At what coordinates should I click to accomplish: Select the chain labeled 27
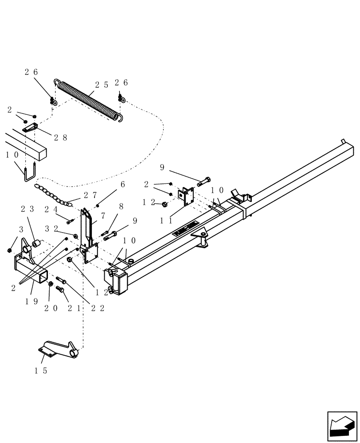coord(53,195)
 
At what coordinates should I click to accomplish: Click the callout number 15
coord(41,371)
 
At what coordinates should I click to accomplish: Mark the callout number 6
coord(122,184)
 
